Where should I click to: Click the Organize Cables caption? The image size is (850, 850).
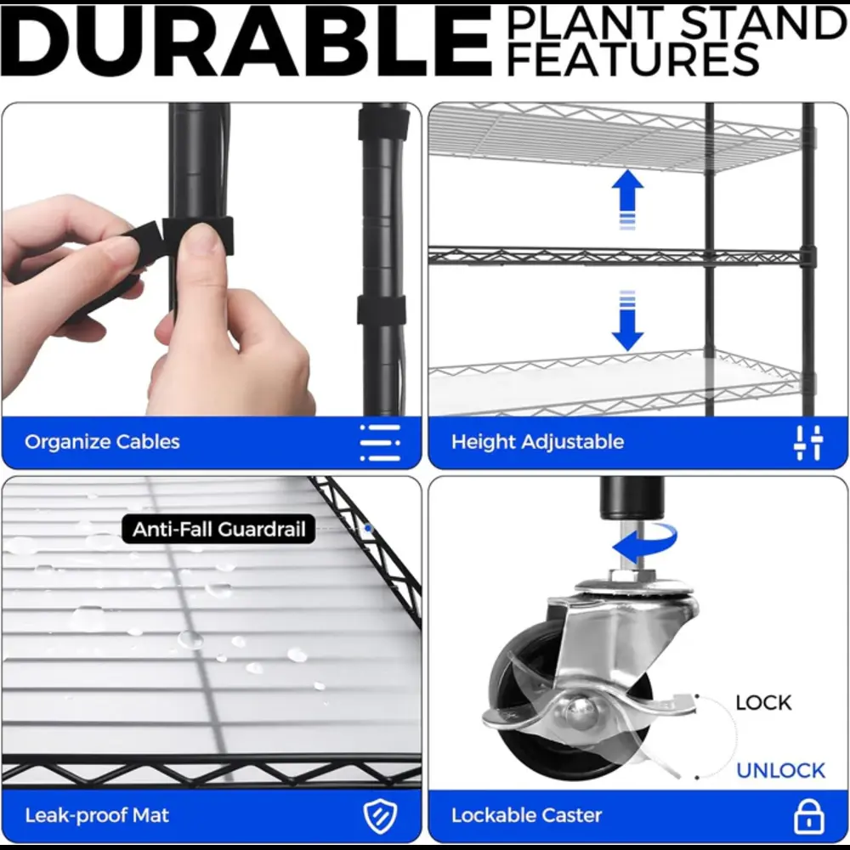click(x=102, y=442)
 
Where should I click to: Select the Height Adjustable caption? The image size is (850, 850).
click(x=537, y=442)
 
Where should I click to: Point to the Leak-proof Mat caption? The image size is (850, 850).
click(x=97, y=815)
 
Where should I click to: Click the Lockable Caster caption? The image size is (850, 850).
click(x=526, y=815)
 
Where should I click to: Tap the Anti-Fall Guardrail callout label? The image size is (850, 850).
click(x=218, y=529)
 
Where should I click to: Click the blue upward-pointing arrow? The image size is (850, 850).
click(x=627, y=198)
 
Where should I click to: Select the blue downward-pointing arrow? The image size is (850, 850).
click(x=627, y=321)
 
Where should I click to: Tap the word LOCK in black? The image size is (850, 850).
click(x=763, y=703)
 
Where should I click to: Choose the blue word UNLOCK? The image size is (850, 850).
click(x=780, y=770)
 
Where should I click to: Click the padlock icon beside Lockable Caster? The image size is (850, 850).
click(x=809, y=816)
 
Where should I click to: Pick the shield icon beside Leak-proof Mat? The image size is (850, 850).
click(x=380, y=816)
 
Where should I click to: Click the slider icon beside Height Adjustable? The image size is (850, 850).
click(x=808, y=442)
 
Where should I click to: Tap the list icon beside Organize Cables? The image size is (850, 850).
click(x=380, y=442)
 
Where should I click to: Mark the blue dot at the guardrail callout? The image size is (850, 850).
click(x=369, y=528)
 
